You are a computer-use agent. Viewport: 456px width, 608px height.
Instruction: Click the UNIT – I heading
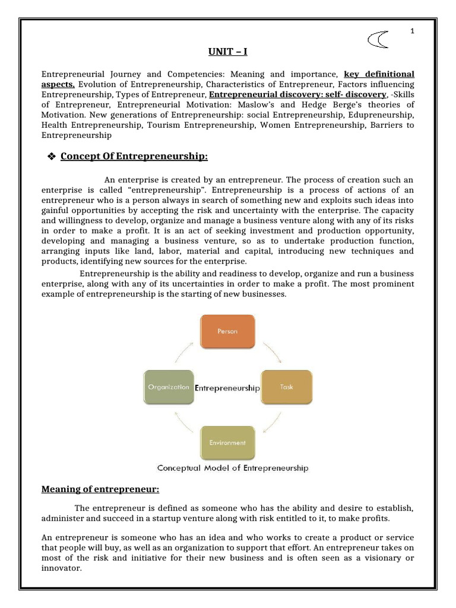[x=228, y=52]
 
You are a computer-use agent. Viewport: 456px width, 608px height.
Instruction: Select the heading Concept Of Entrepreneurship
[x=134, y=156]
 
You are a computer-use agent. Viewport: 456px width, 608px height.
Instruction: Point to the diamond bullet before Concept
[x=51, y=156]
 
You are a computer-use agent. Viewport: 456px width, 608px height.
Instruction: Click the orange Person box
[x=227, y=331]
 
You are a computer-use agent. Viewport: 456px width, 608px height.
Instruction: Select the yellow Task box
[x=286, y=387]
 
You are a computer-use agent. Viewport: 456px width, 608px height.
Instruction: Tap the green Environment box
[x=227, y=442]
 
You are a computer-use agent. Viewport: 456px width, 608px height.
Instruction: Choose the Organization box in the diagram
[x=168, y=387]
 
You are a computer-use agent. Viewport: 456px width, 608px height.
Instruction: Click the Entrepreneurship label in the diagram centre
[x=227, y=388]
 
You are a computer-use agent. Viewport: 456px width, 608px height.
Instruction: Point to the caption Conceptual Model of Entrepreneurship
[x=233, y=468]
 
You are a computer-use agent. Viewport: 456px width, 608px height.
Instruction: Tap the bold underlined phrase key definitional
[x=379, y=74]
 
